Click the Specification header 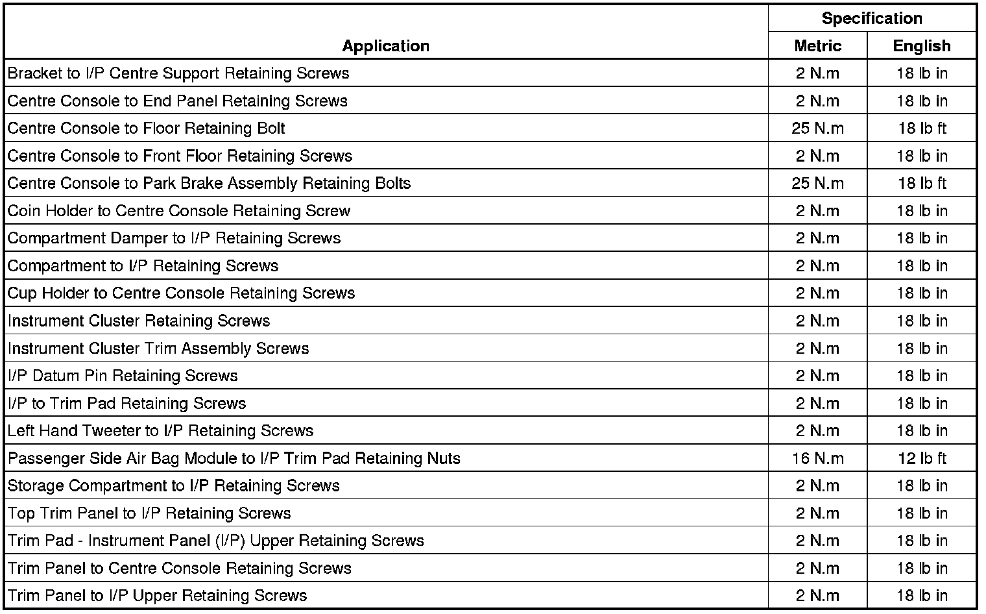(x=872, y=18)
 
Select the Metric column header (x=817, y=46)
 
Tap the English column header (x=922, y=46)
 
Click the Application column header (x=386, y=46)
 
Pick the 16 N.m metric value (x=817, y=458)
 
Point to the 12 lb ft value (x=922, y=458)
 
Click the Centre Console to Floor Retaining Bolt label (x=147, y=128)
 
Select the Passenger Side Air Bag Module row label (x=234, y=458)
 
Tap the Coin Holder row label (x=179, y=211)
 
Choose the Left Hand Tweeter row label (x=161, y=430)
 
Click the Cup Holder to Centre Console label (x=182, y=293)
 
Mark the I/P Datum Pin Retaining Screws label (x=123, y=376)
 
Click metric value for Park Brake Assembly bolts (x=817, y=183)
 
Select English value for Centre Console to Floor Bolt (x=922, y=128)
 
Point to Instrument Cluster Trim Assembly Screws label (x=158, y=348)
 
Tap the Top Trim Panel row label (x=149, y=513)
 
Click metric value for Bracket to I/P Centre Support (x=817, y=73)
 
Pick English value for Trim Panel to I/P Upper (x=922, y=596)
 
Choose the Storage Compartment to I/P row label (x=174, y=485)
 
